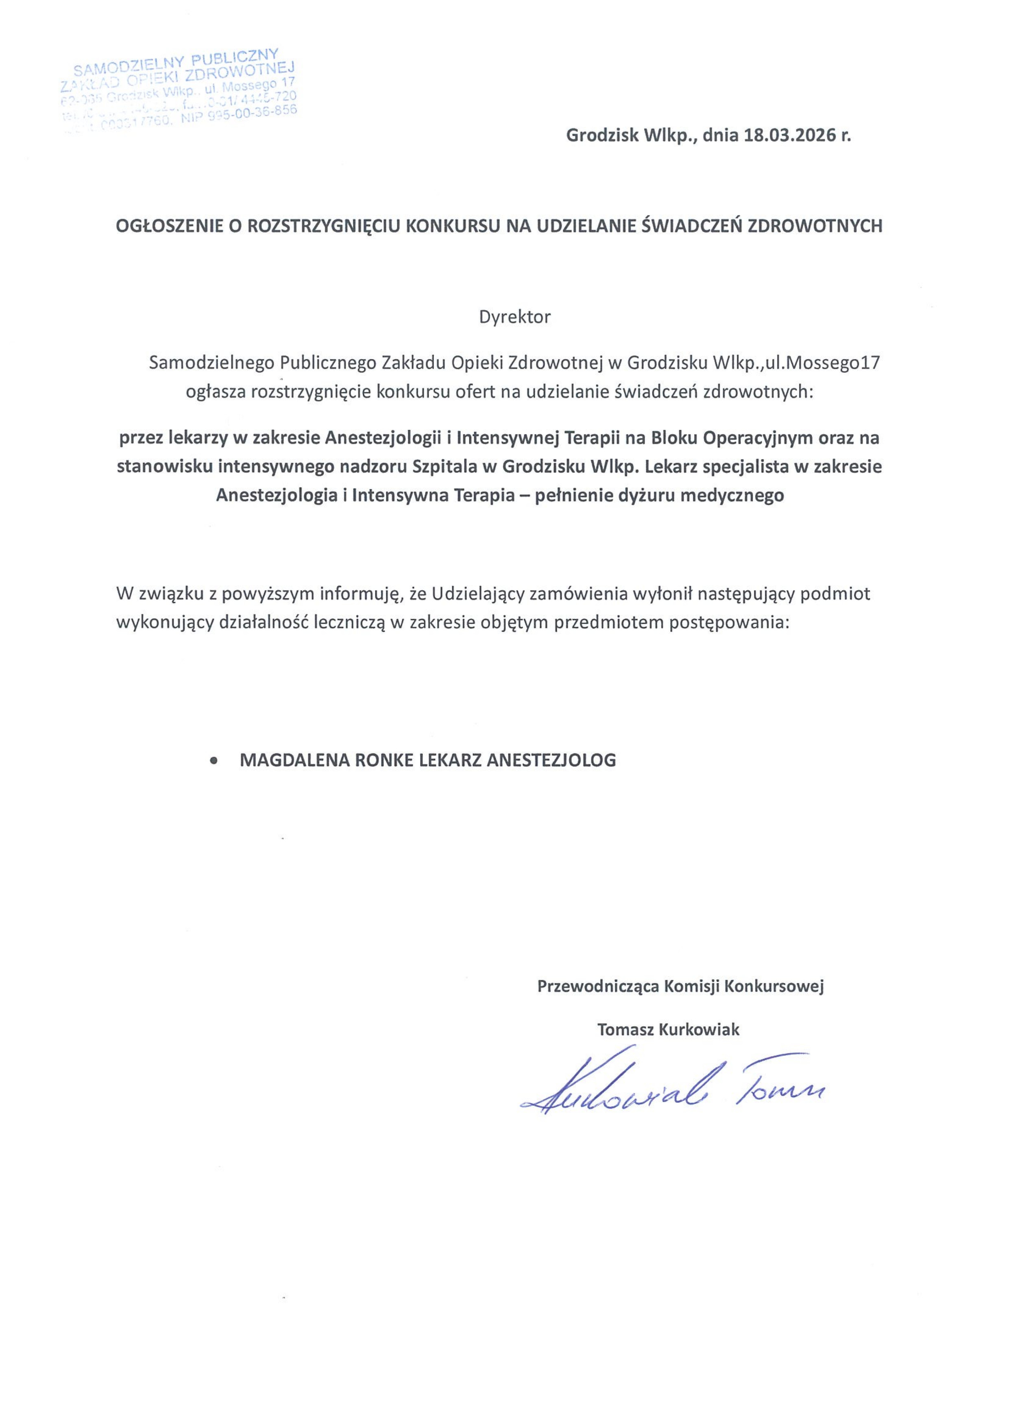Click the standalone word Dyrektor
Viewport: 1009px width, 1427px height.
515,318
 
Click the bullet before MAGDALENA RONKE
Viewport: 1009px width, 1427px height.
214,760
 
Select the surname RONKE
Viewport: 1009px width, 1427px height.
383,760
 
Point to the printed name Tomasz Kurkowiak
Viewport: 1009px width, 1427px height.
668,1030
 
